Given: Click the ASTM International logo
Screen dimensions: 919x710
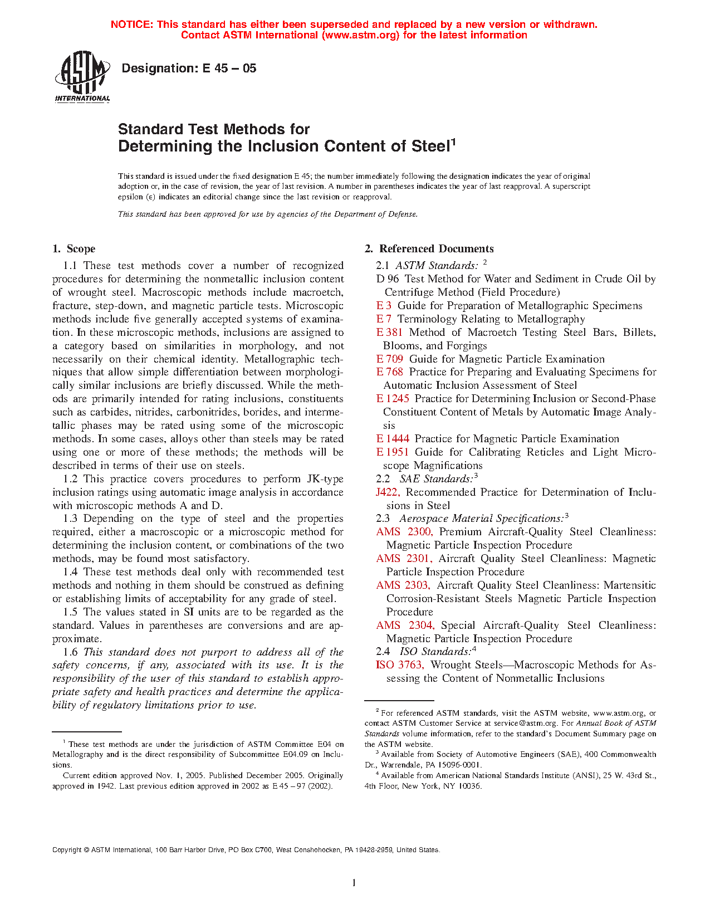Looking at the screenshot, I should (82, 77).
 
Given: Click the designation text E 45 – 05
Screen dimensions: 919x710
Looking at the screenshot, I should (189, 69).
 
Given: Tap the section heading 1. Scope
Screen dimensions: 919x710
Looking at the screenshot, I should (74, 248).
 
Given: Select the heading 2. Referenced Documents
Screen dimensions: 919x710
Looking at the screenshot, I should (429, 248).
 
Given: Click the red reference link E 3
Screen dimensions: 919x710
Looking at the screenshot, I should (384, 305).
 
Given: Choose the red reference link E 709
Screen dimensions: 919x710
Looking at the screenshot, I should (389, 359).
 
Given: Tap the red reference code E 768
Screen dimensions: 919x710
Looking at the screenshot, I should (389, 371).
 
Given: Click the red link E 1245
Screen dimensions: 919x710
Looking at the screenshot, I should (393, 398).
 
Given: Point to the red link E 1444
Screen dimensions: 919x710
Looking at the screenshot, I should (393, 438).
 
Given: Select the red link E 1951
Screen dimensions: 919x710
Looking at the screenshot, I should (393, 452).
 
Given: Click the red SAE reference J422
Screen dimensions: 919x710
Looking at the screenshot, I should (388, 492).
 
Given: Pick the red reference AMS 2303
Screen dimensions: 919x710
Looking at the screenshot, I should (403, 585).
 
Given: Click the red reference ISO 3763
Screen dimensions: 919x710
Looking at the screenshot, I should (400, 664).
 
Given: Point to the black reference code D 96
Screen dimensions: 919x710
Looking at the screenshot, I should (388, 278).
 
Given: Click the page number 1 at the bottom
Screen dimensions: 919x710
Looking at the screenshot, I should (354, 882).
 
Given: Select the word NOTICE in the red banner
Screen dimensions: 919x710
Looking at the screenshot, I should (131, 25).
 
